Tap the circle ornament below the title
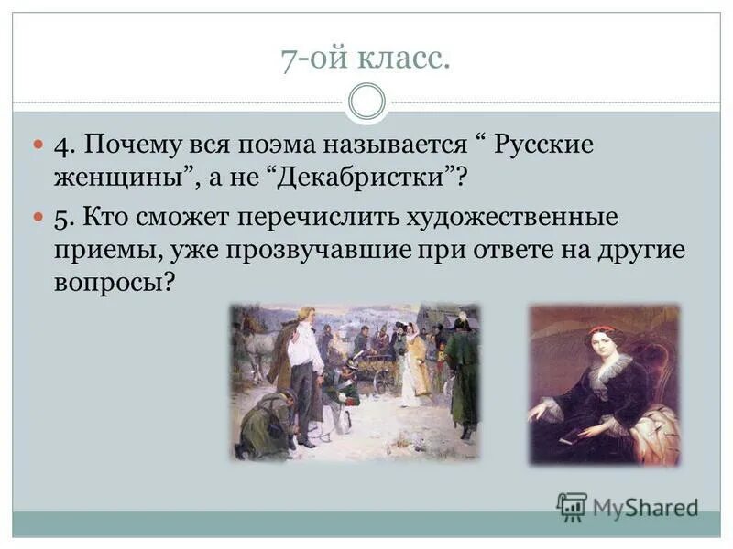(366, 102)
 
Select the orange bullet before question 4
(38, 145)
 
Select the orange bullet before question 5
(38, 217)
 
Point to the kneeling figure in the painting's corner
(266, 421)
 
